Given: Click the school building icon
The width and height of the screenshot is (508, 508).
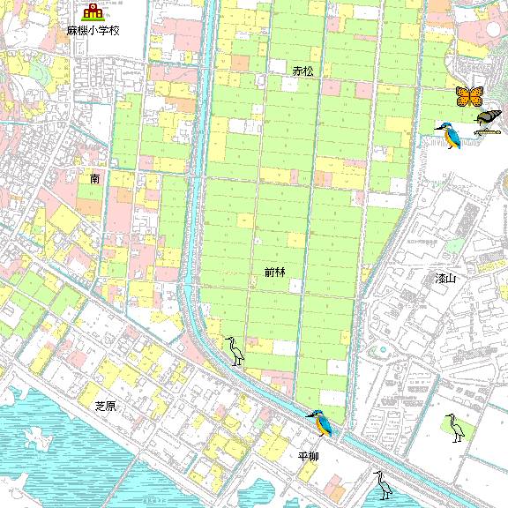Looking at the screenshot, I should (x=92, y=12).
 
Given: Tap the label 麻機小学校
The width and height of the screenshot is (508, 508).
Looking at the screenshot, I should (x=93, y=30).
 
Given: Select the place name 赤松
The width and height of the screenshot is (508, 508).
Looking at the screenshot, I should (x=303, y=69).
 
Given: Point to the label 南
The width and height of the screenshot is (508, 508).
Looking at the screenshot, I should (x=95, y=178).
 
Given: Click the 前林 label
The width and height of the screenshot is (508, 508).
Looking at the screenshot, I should (x=274, y=273).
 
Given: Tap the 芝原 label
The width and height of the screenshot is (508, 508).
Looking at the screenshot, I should (x=106, y=405).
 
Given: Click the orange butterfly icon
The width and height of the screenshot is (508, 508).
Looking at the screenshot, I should (x=469, y=95).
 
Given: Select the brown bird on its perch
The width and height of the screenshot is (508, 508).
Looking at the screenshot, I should (x=487, y=117).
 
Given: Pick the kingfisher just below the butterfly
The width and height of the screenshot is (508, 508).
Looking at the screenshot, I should (x=449, y=135).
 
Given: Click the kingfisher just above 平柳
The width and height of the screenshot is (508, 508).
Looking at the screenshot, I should (x=319, y=424).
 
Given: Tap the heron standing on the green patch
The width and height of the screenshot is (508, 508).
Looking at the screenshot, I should (x=454, y=428).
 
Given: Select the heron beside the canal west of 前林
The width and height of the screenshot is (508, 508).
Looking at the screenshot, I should (x=235, y=351).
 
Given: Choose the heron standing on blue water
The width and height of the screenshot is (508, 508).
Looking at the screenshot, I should (x=383, y=483).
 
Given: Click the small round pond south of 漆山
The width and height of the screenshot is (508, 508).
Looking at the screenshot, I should (x=383, y=349).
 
